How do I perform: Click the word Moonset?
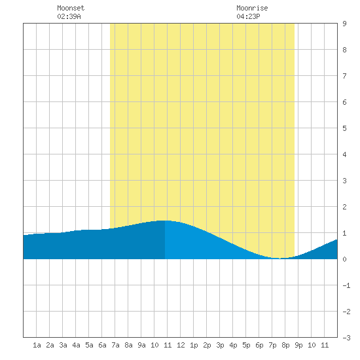pyautogui.click(x=71, y=8)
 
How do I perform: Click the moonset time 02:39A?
pyautogui.click(x=69, y=16)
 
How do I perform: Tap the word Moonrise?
pyautogui.click(x=252, y=8)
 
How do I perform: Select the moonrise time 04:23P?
pyautogui.click(x=248, y=16)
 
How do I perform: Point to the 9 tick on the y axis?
pyautogui.click(x=344, y=24)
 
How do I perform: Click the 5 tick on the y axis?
pyautogui.click(x=344, y=128)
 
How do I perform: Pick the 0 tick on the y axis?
pyautogui.click(x=344, y=259)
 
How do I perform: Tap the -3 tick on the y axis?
pyautogui.click(x=346, y=338)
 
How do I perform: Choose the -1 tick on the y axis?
pyautogui.click(x=346, y=285)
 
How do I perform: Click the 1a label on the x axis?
pyautogui.click(x=37, y=345)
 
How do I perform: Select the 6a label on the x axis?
pyautogui.click(x=102, y=345)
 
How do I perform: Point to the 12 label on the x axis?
pyautogui.click(x=181, y=345)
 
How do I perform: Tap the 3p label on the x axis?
pyautogui.click(x=220, y=345)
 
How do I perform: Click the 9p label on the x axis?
pyautogui.click(x=298, y=345)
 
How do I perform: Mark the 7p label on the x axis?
pyautogui.click(x=272, y=345)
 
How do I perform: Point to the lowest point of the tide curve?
pyautogui.click(x=279, y=259)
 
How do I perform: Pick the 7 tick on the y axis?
pyautogui.click(x=344, y=76)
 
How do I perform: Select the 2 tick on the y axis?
pyautogui.click(x=344, y=207)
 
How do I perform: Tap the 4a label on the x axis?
pyautogui.click(x=76, y=345)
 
